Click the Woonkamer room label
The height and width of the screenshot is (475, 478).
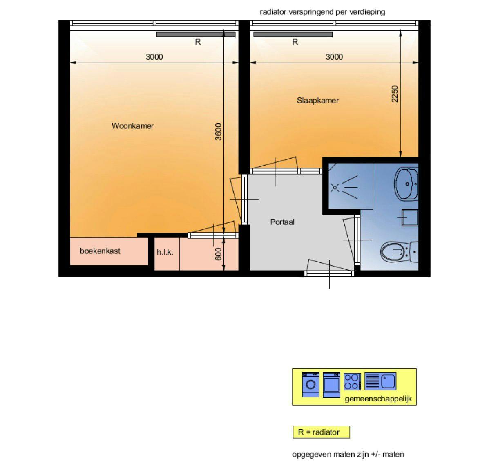tap(132, 126)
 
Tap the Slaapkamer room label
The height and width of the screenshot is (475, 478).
tap(317, 101)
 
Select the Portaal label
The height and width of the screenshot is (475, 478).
tap(282, 222)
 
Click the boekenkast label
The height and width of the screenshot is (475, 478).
tap(100, 251)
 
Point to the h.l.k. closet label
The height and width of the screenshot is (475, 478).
tap(165, 253)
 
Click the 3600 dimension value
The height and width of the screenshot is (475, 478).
tap(219, 132)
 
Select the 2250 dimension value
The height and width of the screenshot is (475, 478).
tap(395, 94)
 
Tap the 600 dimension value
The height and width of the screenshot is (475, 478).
tap(218, 254)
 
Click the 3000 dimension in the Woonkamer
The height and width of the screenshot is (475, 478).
tap(154, 57)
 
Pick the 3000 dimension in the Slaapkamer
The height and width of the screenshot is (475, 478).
tap(334, 57)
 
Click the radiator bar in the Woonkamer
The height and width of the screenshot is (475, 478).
tap(196, 35)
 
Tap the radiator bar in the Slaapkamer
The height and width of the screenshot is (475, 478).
tap(293, 35)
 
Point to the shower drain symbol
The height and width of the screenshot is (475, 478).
tap(335, 188)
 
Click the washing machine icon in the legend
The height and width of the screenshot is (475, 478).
tap(311, 384)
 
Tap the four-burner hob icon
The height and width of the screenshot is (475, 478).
tap(352, 382)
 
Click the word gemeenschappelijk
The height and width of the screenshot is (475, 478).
tap(378, 399)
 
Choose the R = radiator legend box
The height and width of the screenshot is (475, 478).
tap(321, 432)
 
